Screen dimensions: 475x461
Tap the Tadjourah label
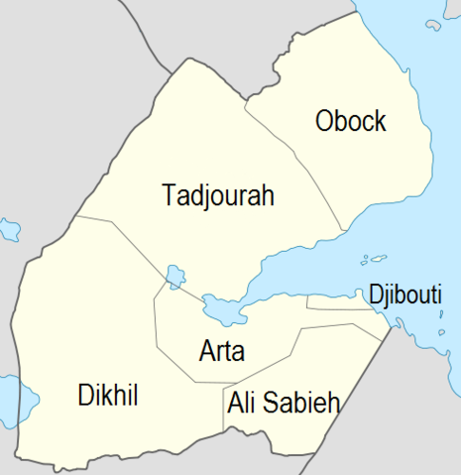pos(217,195)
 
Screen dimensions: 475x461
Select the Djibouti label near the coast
pos(404,294)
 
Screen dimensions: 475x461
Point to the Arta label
pos(222,351)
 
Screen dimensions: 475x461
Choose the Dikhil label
pos(107,397)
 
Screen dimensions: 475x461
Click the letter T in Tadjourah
pos(168,195)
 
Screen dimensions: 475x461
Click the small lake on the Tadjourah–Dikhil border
pos(175,274)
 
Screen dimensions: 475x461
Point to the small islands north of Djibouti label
pos(375,260)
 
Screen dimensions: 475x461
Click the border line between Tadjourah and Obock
pos(297,159)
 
